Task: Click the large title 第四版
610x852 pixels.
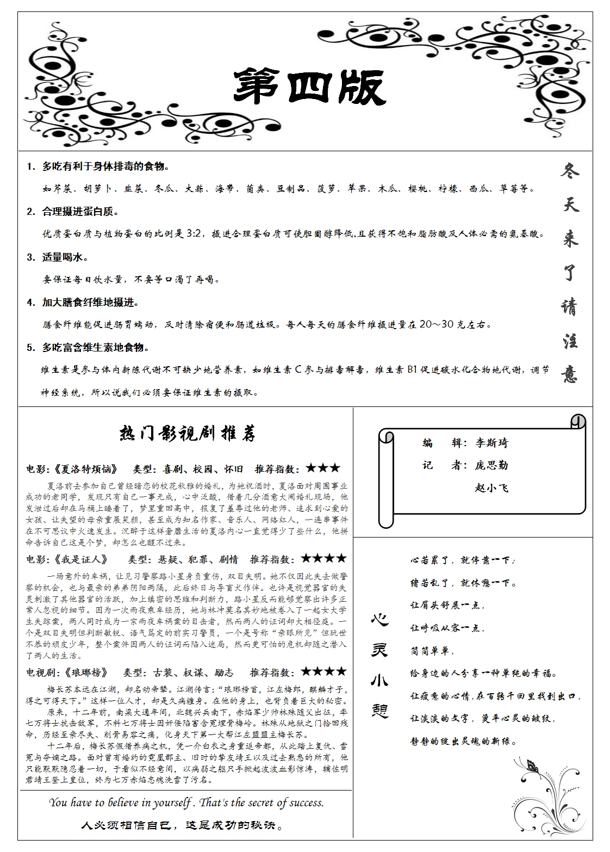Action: [310, 87]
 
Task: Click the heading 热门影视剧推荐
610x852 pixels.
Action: [186, 434]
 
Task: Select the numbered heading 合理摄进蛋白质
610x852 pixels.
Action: [80, 212]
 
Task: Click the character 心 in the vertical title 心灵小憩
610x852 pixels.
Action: [380, 620]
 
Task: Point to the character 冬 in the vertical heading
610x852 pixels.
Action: [569, 170]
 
